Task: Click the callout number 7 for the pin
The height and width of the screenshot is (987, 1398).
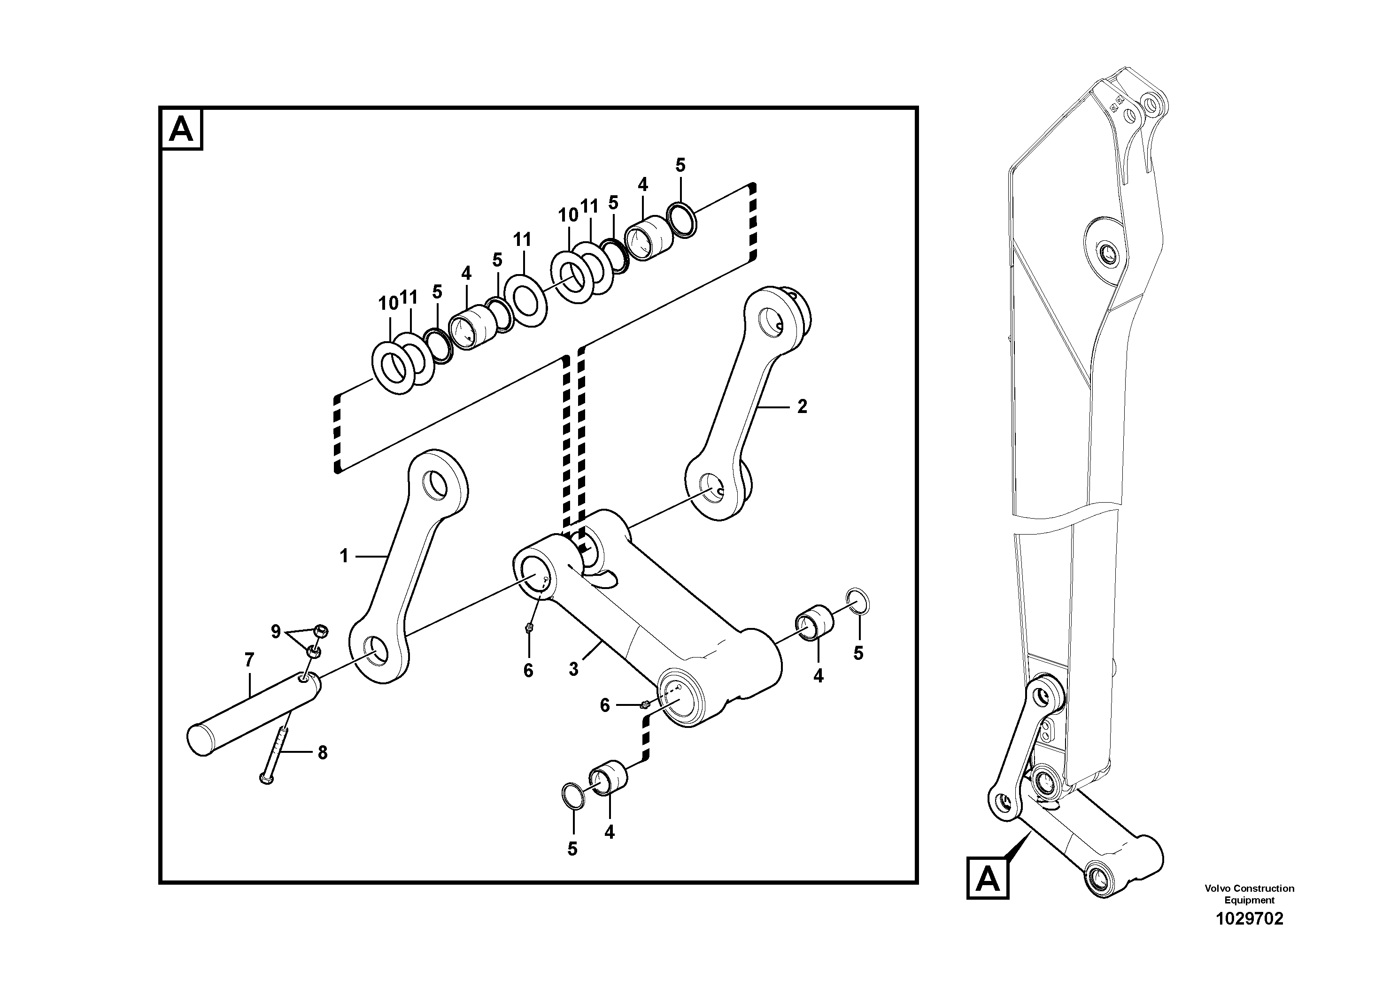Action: pyautogui.click(x=249, y=659)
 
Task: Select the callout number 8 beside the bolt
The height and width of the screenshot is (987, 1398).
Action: pyautogui.click(x=322, y=753)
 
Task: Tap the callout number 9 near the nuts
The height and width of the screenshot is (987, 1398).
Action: pyautogui.click(x=276, y=632)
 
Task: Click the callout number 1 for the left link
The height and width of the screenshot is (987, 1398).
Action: pyautogui.click(x=344, y=556)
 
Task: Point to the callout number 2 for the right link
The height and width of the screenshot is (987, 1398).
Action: pyautogui.click(x=802, y=406)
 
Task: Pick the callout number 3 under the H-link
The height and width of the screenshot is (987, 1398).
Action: pyautogui.click(x=573, y=669)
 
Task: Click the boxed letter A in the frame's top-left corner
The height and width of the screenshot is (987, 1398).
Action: pyautogui.click(x=181, y=129)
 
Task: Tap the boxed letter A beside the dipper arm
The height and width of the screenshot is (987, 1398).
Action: pyautogui.click(x=988, y=879)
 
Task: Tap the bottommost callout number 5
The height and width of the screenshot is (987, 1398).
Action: pyautogui.click(x=572, y=849)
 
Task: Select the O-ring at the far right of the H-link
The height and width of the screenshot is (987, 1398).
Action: pyautogui.click(x=858, y=602)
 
